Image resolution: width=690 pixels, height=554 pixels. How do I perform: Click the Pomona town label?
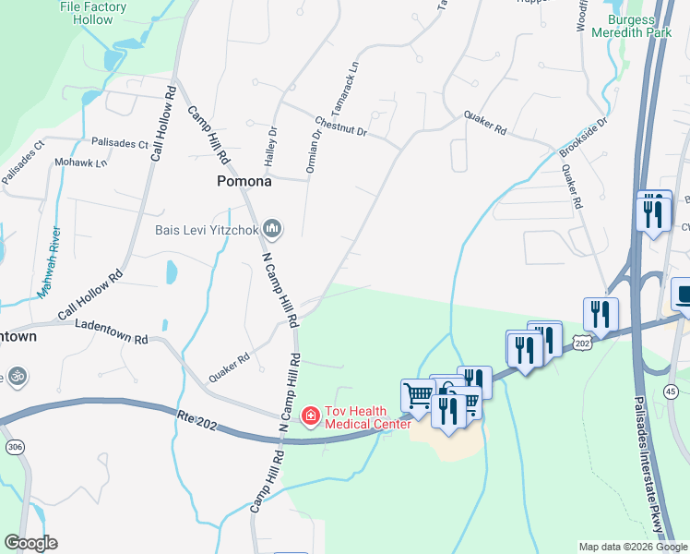tap(244, 181)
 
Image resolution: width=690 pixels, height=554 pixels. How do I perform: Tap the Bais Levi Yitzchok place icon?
tap(272, 227)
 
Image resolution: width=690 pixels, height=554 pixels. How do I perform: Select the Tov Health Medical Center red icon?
tap(311, 416)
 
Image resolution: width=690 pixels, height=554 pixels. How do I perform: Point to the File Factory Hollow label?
tap(92, 13)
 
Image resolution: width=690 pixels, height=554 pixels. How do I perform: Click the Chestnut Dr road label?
tap(340, 126)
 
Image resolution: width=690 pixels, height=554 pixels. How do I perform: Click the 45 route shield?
tap(671, 392)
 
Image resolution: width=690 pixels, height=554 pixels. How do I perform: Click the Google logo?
tap(30, 543)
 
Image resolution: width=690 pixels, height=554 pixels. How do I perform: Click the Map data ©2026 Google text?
tap(632, 547)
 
